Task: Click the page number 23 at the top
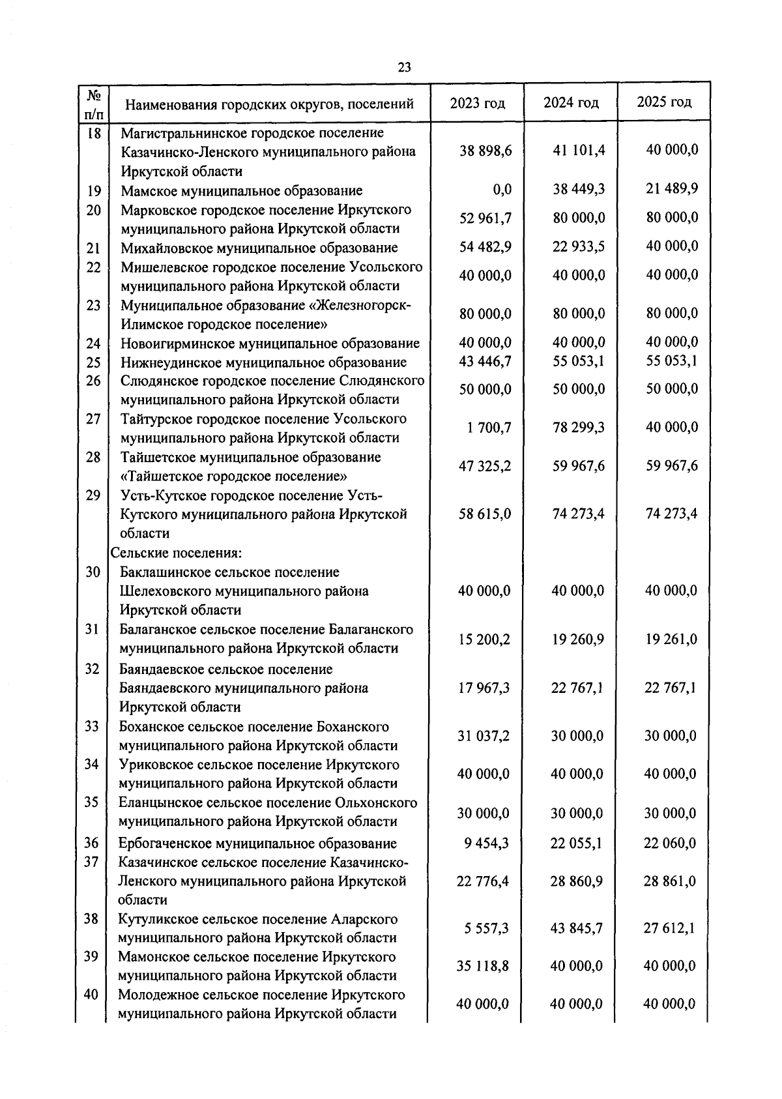[404, 67]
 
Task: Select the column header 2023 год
[477, 103]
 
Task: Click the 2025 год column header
[664, 102]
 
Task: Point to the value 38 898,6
[485, 151]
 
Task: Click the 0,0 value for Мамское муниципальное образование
[502, 190]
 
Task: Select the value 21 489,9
[672, 188]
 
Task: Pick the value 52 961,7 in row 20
[485, 218]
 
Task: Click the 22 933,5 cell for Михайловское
[579, 246]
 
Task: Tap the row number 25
[93, 362]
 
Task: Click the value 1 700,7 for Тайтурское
[489, 428]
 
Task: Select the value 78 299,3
[579, 427]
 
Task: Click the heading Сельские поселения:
[176, 553]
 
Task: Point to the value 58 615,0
[485, 514]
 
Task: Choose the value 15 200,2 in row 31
[484, 639]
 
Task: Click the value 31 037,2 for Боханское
[484, 736]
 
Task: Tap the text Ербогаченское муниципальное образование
[257, 843]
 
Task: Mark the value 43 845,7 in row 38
[577, 928]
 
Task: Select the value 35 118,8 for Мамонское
[483, 966]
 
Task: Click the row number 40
[91, 994]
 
